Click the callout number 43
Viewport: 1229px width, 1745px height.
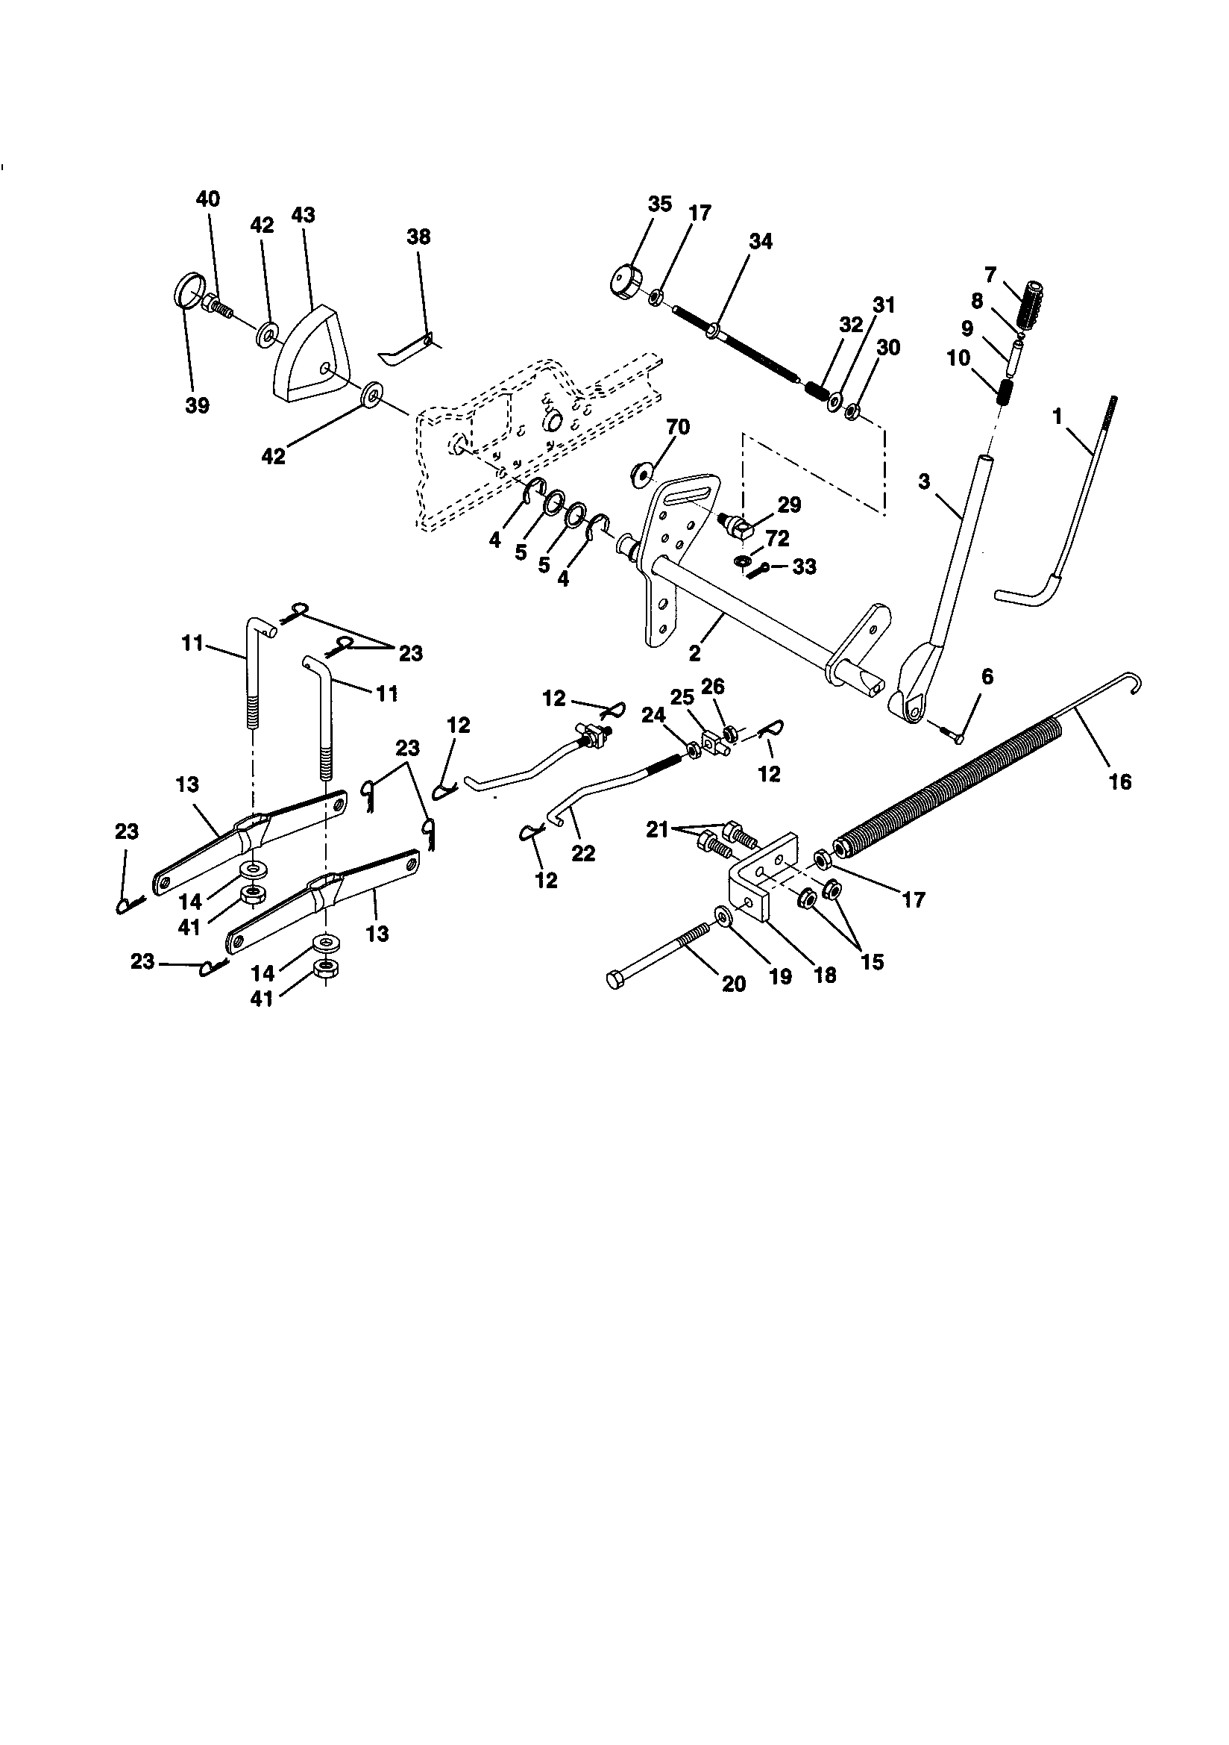pos(302,215)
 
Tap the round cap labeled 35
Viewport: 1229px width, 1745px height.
pos(625,278)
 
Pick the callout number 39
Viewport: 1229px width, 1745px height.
pos(197,405)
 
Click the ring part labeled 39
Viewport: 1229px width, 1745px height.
pos(190,290)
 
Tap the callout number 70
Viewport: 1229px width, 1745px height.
pos(678,427)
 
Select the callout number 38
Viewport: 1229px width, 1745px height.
pos(418,237)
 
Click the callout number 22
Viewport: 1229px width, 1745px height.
pos(583,854)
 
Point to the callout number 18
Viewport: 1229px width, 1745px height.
pos(824,974)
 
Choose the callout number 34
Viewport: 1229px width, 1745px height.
pos(761,241)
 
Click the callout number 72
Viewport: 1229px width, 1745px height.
pos(779,538)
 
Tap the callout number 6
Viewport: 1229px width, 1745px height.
pos(987,676)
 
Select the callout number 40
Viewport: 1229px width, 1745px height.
pos(207,199)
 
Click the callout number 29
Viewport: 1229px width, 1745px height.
pos(789,505)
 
